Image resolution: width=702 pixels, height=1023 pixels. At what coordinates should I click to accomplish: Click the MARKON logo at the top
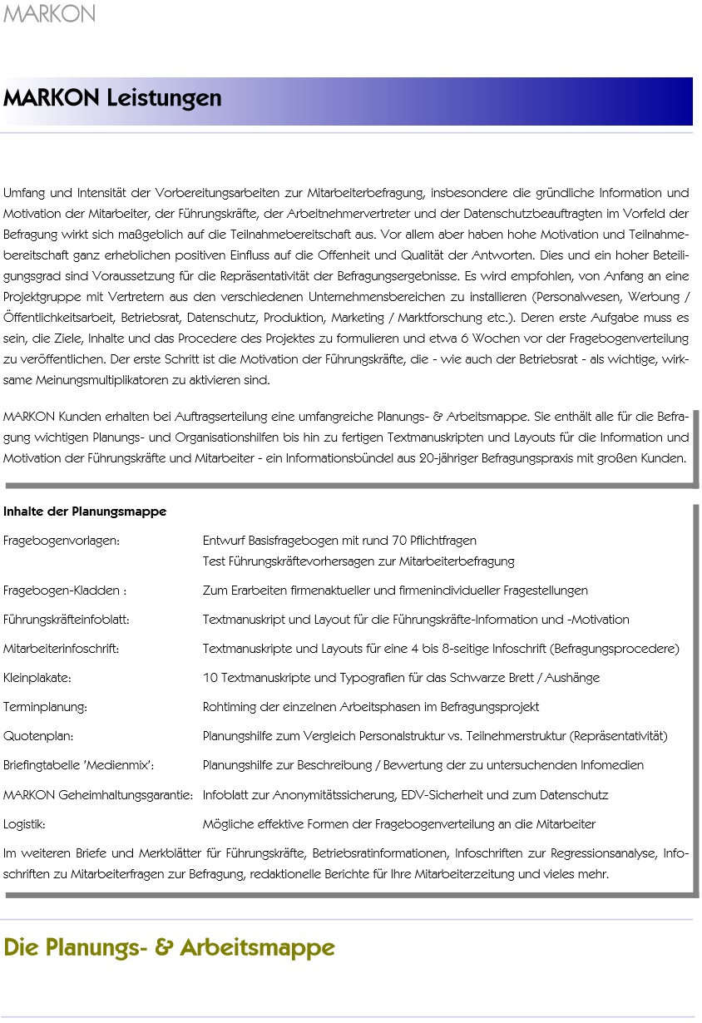coord(50,14)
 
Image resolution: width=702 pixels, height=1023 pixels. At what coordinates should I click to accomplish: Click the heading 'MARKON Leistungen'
coord(112,98)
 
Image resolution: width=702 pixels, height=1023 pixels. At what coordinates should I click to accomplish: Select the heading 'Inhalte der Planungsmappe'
coord(85,511)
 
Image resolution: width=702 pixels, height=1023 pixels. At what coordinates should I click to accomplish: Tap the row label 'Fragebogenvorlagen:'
coord(62,541)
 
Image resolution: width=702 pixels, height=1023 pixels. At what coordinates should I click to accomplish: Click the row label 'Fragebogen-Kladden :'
coord(65,591)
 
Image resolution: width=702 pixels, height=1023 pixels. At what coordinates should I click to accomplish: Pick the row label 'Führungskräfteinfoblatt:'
coord(67,620)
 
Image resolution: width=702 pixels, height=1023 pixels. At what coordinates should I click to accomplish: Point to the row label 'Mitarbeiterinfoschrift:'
coord(62,649)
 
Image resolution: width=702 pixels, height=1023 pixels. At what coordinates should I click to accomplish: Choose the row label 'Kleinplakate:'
coord(37,678)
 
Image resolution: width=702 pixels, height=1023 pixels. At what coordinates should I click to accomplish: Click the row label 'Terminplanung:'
coord(46,707)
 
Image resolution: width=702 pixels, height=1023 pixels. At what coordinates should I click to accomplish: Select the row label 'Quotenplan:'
coord(39,736)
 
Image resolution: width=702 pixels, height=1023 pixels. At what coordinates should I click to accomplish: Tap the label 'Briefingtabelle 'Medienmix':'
coord(79,765)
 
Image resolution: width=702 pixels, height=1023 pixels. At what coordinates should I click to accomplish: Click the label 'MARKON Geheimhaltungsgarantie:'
coord(99,795)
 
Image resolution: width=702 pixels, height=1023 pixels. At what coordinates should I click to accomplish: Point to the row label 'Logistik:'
coord(25,824)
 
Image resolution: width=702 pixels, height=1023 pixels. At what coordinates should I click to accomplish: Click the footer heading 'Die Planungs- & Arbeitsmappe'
coord(170,947)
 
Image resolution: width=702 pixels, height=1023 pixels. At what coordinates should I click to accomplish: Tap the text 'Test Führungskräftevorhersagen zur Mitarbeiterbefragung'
coord(358,561)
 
